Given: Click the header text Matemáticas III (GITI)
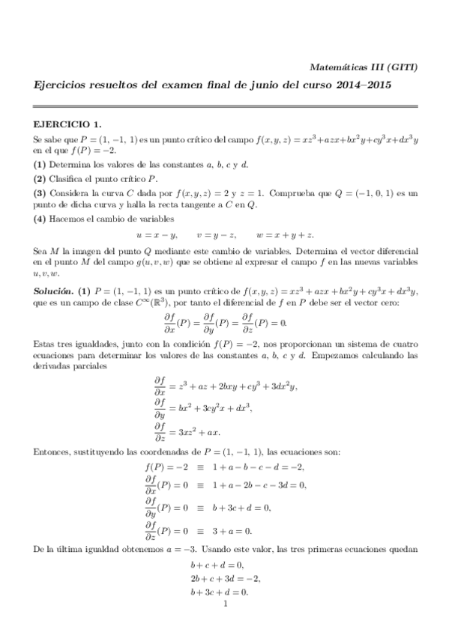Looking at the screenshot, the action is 365,67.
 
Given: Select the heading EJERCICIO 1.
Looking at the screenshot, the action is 67,124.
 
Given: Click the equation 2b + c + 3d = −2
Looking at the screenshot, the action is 227,578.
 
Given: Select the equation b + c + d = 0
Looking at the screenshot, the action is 217,565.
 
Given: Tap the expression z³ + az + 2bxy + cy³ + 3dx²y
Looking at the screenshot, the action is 234,386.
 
